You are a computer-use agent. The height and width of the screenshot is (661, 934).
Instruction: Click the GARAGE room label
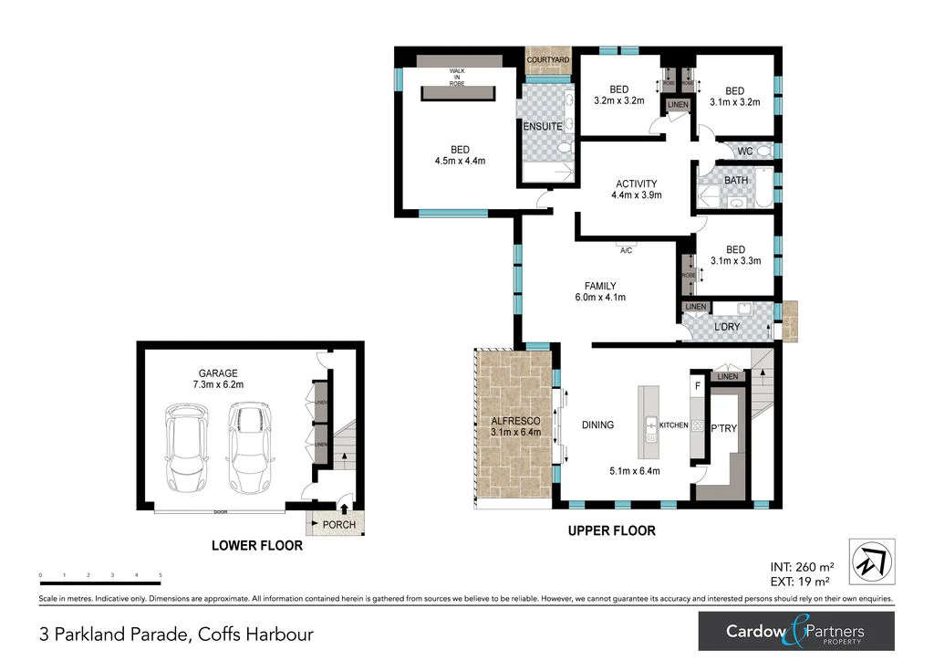pos(218,372)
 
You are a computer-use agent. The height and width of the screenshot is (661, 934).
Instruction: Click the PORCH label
pos(339,524)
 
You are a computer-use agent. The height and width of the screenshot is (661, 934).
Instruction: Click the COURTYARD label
pos(548,59)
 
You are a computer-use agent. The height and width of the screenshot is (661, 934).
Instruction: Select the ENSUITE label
pos(543,126)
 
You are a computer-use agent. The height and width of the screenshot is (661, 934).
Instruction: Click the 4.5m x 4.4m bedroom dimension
pos(460,161)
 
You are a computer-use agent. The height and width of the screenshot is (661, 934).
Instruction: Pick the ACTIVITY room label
pos(636,183)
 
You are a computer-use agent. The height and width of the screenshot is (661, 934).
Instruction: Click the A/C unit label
pos(627,248)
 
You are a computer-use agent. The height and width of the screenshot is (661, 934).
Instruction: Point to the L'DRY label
pos(726,326)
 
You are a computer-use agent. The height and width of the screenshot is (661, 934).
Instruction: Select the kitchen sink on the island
pos(651,425)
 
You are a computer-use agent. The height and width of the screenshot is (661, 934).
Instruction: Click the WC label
pos(744,151)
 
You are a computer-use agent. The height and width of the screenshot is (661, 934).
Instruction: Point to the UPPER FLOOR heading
pos(611,530)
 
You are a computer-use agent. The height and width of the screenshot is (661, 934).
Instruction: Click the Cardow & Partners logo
pos(795,630)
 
